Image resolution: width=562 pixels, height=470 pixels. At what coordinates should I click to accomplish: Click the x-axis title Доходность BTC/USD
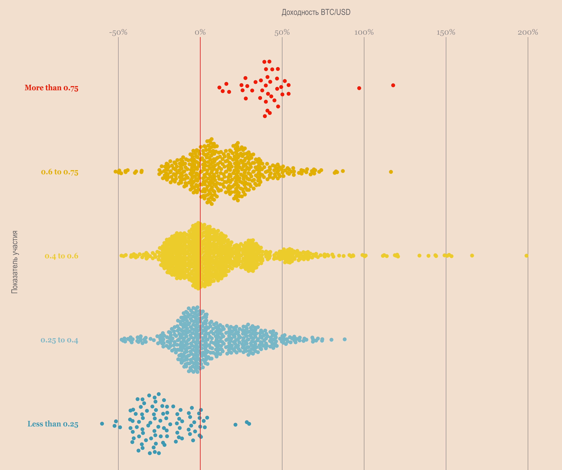pyautogui.click(x=316, y=12)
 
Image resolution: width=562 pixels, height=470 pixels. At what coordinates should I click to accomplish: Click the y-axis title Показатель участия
pyautogui.click(x=15, y=262)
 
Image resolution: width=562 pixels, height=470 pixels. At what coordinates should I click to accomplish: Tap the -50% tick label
pyautogui.click(x=118, y=33)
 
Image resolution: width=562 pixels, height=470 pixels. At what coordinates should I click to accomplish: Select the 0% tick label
pyautogui.click(x=200, y=33)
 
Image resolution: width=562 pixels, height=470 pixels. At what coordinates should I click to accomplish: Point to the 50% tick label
pyautogui.click(x=282, y=33)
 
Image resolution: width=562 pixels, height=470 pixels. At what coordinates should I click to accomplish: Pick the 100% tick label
pyautogui.click(x=364, y=33)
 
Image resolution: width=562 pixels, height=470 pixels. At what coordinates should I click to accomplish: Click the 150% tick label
pyautogui.click(x=446, y=33)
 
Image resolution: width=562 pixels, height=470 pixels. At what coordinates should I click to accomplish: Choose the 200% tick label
pyautogui.click(x=528, y=33)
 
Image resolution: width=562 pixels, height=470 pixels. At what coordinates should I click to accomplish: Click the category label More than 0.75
pyautogui.click(x=51, y=88)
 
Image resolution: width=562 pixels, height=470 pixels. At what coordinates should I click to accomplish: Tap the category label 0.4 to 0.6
pyautogui.click(x=61, y=256)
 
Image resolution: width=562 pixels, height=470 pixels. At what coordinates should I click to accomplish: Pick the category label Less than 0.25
pyautogui.click(x=53, y=424)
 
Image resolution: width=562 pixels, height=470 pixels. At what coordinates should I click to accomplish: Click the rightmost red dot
pyautogui.click(x=393, y=85)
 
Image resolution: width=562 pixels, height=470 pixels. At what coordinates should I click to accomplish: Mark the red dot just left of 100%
pyautogui.click(x=359, y=88)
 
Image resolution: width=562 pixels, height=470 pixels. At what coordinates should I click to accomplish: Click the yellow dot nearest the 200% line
pyautogui.click(x=526, y=256)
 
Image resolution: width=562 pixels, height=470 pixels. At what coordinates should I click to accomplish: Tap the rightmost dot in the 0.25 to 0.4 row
pyautogui.click(x=345, y=339)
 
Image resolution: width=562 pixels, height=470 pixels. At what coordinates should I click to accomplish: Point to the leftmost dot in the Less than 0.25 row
pyautogui.click(x=102, y=424)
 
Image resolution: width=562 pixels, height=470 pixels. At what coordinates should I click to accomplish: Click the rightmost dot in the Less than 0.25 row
pyautogui.click(x=249, y=424)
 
